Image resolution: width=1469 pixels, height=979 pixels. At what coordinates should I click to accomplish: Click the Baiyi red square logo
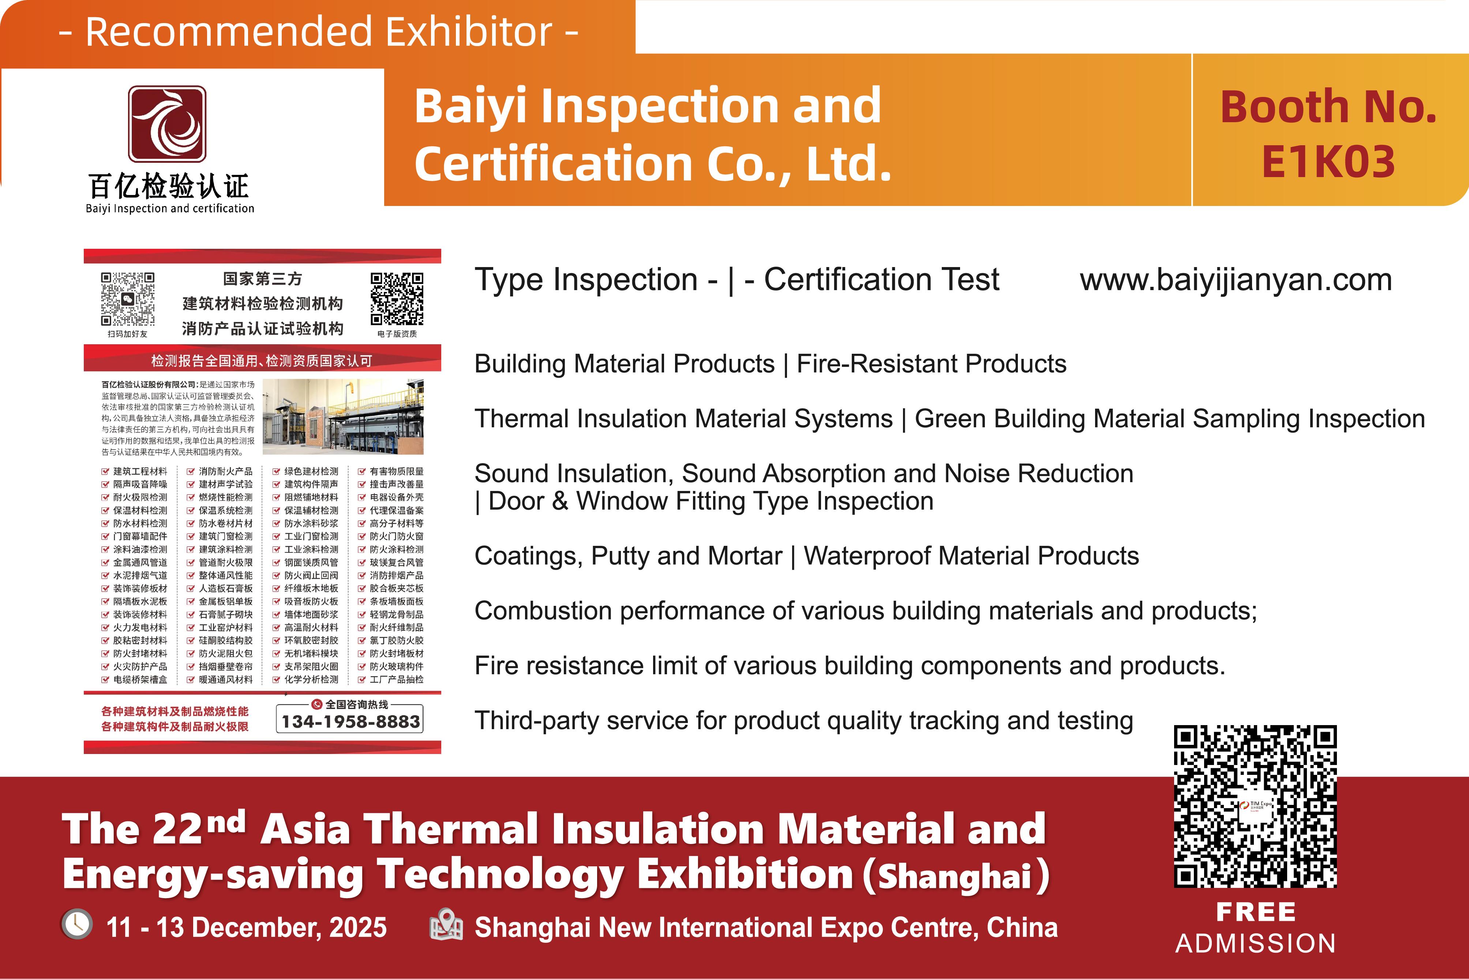click(x=167, y=124)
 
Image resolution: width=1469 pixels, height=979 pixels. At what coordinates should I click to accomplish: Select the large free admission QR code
click(x=1255, y=806)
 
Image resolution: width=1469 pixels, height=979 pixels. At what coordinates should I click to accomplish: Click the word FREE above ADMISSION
click(x=1255, y=912)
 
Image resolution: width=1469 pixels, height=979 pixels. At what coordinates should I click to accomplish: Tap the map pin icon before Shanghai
click(x=446, y=925)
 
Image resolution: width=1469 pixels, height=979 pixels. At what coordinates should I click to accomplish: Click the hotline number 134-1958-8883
click(x=350, y=721)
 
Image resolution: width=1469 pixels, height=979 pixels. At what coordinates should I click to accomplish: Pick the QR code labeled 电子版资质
click(x=397, y=299)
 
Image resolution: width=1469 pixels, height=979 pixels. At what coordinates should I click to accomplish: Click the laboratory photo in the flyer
click(x=343, y=416)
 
